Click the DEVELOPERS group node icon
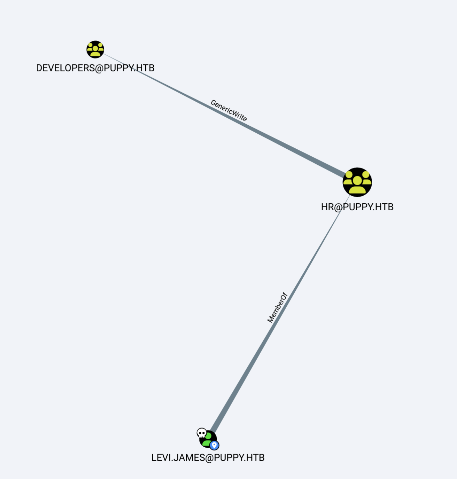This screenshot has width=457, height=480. [x=95, y=49]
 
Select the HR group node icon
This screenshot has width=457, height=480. [x=357, y=182]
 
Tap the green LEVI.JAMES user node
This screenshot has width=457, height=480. [x=208, y=439]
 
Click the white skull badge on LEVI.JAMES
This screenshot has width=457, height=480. [x=201, y=433]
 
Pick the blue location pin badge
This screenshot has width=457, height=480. [x=214, y=445]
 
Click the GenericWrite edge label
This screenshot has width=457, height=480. [x=229, y=111]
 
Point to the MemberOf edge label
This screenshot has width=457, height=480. [x=277, y=308]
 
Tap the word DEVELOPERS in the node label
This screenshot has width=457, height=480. [x=65, y=68]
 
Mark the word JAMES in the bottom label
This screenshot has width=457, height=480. [x=189, y=458]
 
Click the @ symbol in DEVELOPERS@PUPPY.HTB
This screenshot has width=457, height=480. [x=100, y=68]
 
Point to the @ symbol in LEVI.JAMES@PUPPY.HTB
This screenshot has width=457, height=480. [x=209, y=458]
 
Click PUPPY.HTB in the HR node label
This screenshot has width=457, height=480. [x=368, y=207]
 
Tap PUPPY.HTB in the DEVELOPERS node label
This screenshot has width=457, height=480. [x=129, y=68]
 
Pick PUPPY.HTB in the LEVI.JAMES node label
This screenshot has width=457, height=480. [x=239, y=458]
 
